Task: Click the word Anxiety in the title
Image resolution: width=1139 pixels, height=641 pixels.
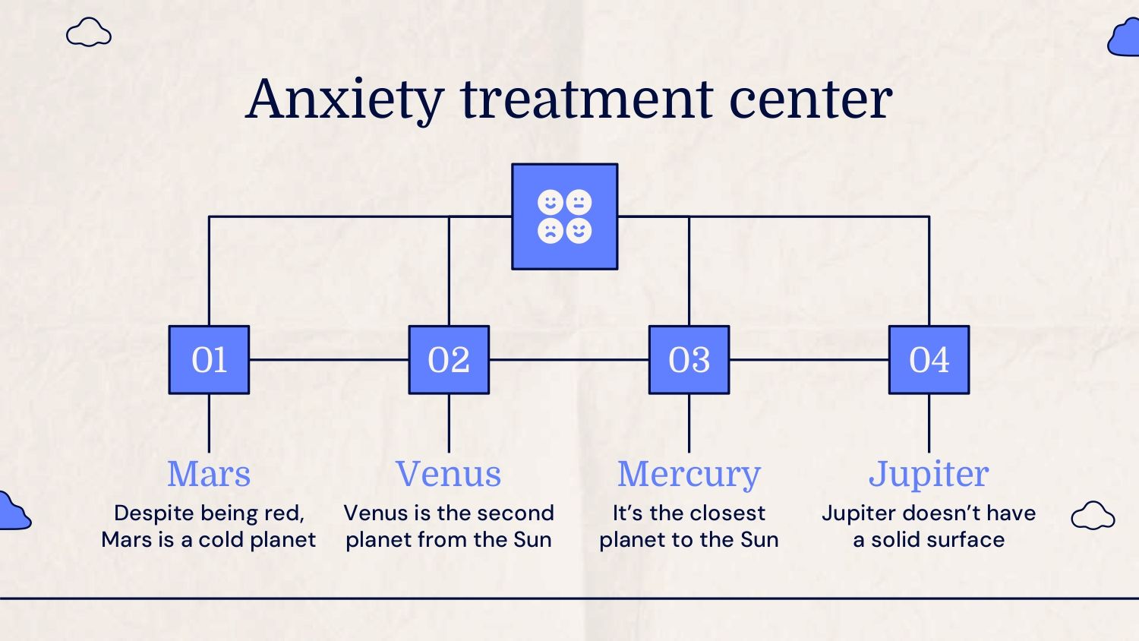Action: [x=345, y=99]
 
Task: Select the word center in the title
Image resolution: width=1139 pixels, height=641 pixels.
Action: [x=811, y=101]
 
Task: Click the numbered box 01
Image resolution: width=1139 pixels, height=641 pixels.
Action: [x=209, y=360]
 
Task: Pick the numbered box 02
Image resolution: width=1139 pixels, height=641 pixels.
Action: [x=449, y=360]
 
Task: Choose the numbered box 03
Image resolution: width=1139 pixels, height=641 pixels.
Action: [x=689, y=360]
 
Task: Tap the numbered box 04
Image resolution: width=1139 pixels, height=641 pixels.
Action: [x=929, y=360]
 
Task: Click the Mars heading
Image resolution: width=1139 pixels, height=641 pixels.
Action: [x=209, y=474]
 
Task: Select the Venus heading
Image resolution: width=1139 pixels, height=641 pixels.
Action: [x=449, y=474]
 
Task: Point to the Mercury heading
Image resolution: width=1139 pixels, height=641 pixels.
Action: [x=689, y=475]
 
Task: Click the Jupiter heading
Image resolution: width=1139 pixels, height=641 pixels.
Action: [x=929, y=475]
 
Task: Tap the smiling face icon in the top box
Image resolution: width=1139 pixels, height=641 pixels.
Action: [x=551, y=202]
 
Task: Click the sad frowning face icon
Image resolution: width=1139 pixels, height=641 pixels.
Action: [x=551, y=231]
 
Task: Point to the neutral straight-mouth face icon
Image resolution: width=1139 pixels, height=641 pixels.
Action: [x=579, y=202]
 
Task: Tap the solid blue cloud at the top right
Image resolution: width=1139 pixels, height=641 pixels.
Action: [x=1125, y=39]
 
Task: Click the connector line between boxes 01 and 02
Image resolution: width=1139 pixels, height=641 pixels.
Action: [x=329, y=360]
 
